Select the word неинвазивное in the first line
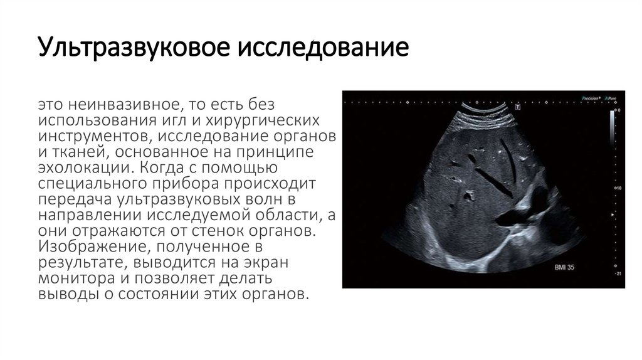point(114,103)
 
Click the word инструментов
point(92,135)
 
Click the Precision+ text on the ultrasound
point(591,98)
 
